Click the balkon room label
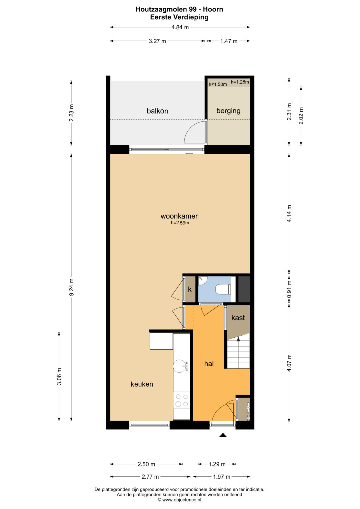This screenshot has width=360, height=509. (157, 111)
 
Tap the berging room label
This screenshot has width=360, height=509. (228, 111)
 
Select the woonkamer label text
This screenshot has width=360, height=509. (179, 216)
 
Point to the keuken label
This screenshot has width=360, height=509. (142, 384)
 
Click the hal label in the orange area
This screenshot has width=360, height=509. (209, 364)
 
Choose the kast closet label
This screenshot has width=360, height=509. (238, 317)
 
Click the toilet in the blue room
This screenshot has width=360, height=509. (223, 290)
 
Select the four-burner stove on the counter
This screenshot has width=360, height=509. (182, 400)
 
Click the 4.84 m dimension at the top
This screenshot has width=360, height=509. (180, 27)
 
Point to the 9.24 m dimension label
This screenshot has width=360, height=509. (71, 287)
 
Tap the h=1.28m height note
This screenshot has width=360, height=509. (240, 82)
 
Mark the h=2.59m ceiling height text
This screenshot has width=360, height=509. (180, 223)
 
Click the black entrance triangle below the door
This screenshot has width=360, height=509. (223, 435)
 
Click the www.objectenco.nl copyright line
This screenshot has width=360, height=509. (180, 500)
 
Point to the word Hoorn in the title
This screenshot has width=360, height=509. (213, 9)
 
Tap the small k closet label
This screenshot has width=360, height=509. (190, 289)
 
